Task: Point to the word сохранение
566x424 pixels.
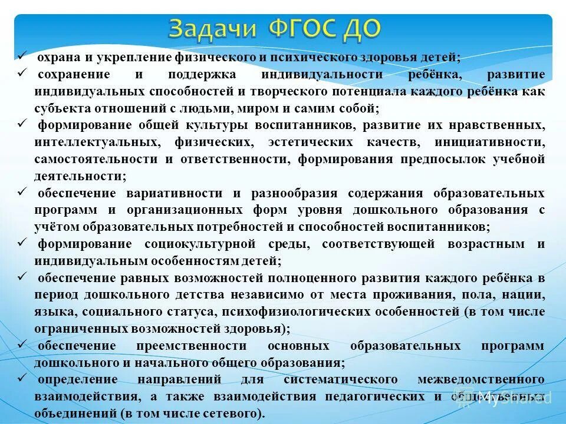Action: tap(74, 75)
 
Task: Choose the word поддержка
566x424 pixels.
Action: tap(202, 75)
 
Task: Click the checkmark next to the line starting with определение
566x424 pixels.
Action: tap(21, 377)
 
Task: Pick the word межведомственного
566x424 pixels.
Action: tap(481, 379)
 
